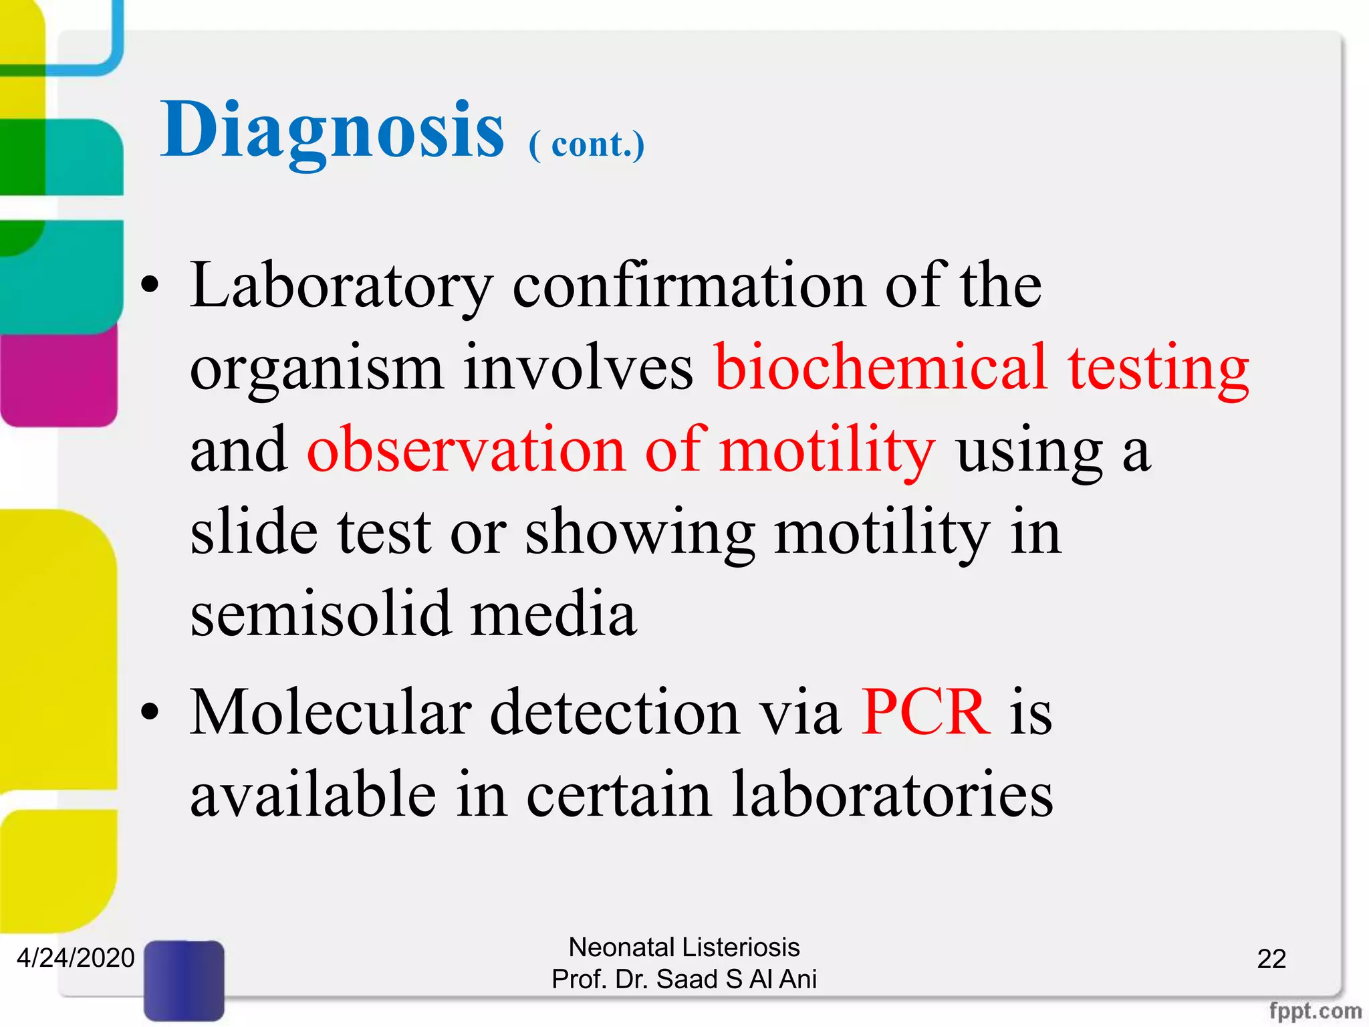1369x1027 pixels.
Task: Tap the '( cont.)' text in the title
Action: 586,144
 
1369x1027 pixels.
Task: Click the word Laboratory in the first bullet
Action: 342,287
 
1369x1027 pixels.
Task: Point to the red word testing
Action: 1158,369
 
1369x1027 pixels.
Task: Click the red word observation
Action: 466,450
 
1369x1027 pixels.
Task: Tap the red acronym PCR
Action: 926,713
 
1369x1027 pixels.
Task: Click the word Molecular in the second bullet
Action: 331,713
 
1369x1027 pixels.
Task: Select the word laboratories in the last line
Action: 892,794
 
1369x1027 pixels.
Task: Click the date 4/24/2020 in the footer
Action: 76,958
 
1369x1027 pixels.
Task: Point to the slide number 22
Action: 1271,959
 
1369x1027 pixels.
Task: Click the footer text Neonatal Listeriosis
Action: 684,947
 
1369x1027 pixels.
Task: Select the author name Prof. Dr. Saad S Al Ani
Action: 684,979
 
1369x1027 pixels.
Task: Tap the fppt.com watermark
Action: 1315,1010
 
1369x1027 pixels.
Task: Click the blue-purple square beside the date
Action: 184,980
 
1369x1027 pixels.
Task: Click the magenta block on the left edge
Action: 59,378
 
